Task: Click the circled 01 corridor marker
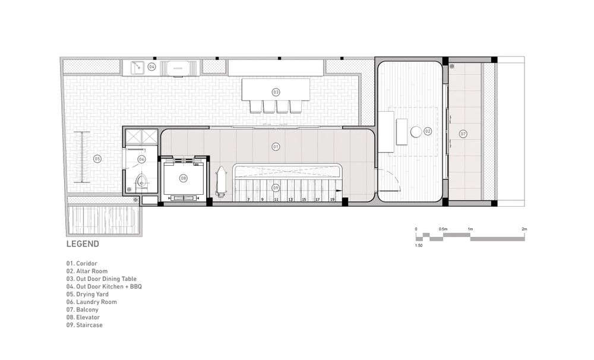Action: (276, 147)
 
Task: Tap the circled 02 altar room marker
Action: (428, 131)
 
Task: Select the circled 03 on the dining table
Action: (276, 92)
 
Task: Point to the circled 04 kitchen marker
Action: (151, 67)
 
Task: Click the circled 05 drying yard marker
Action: (97, 159)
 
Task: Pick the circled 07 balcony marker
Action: (463, 134)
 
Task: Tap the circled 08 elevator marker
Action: (184, 178)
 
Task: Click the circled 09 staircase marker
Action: (276, 188)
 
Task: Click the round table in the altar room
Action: (416, 132)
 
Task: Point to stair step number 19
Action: (332, 200)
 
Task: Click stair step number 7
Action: (248, 200)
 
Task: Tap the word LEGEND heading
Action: (83, 244)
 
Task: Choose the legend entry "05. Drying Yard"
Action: (87, 294)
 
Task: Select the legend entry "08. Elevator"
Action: (83, 317)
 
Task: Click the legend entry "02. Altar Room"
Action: (87, 271)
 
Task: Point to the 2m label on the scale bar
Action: (525, 229)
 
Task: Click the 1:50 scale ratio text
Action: (419, 245)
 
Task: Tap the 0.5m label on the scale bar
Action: (443, 229)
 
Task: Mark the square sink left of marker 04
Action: (137, 68)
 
